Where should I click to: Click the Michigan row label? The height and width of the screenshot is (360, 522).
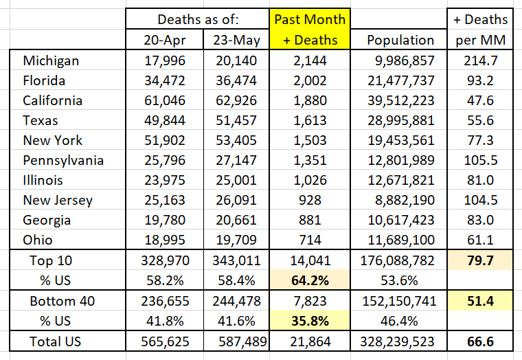51,60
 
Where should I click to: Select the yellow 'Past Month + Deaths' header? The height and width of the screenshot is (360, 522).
310,29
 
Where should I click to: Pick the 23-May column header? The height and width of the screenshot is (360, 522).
235,40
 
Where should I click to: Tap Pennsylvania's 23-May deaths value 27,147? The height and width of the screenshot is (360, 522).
236,160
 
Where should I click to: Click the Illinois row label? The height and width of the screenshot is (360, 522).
43,180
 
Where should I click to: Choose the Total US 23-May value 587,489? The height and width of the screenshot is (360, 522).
235,341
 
